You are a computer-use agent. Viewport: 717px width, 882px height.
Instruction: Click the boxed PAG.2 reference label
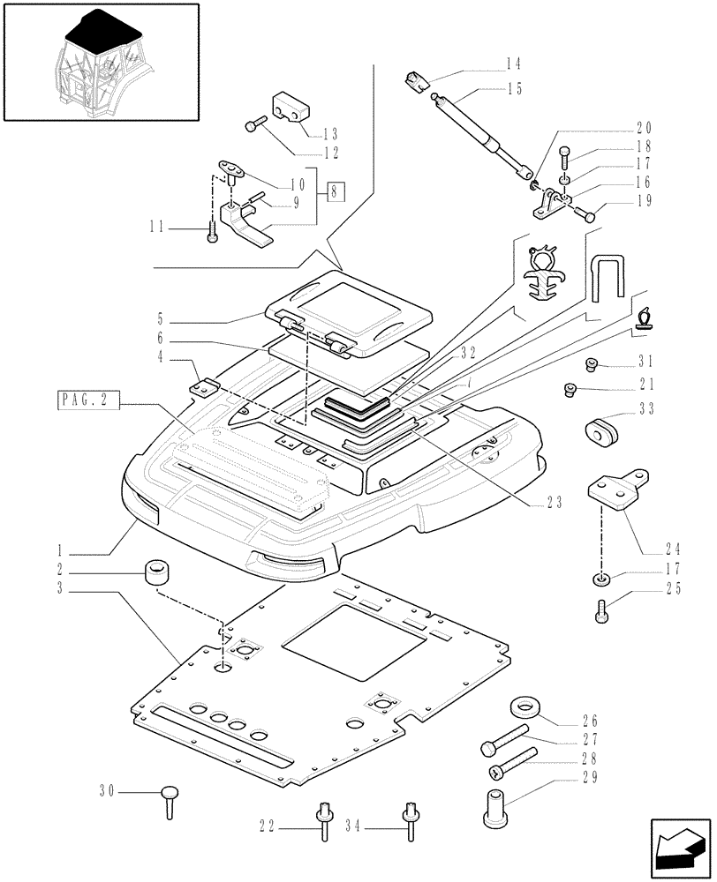pos(88,402)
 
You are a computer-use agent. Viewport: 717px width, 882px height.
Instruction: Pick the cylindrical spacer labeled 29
pos(498,811)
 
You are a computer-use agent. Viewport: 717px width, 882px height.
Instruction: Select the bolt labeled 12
pos(253,125)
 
